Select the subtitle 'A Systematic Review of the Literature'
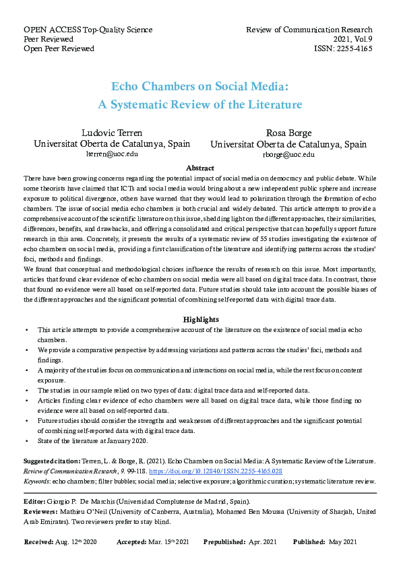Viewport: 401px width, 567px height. pyautogui.click(x=200, y=104)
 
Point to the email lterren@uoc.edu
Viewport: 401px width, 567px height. pyautogui.click(x=112, y=154)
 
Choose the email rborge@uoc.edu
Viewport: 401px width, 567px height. pyautogui.click(x=288, y=155)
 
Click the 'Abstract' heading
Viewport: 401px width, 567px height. pyautogui.click(x=200, y=168)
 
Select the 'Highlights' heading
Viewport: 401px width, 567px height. pyautogui.click(x=200, y=320)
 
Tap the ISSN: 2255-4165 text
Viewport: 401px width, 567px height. pyautogui.click(x=343, y=48)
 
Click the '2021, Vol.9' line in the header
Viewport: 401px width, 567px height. pyautogui.click(x=350, y=39)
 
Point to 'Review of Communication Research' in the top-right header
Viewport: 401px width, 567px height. pyautogui.click(x=309, y=30)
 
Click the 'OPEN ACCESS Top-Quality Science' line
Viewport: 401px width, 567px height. pyautogui.click(x=88, y=30)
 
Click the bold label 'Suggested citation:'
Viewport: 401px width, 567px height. pyautogui.click(x=52, y=461)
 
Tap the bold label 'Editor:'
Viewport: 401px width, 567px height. pyautogui.click(x=37, y=502)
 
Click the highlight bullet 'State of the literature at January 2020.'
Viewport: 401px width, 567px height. pyautogui.click(x=92, y=441)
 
